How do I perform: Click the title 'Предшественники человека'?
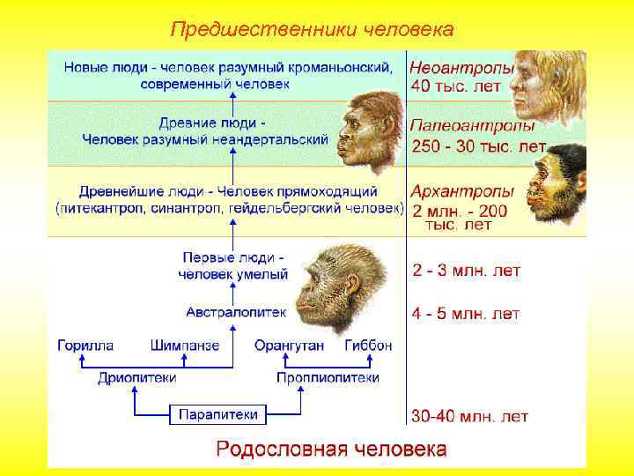click(312, 30)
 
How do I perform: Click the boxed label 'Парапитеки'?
click(218, 413)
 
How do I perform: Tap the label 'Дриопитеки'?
click(136, 377)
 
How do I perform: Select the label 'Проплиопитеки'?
click(328, 377)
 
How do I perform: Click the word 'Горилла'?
click(85, 345)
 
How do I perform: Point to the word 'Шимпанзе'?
click(185, 345)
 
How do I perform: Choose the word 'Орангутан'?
click(289, 345)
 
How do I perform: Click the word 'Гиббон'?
click(368, 345)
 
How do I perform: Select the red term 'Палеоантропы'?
click(468, 126)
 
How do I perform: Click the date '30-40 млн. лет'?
click(470, 415)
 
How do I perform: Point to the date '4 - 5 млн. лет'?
click(466, 313)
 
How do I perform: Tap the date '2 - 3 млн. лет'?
click(467, 271)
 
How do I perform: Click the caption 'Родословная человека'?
click(331, 449)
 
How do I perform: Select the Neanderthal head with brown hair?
click(370, 132)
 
